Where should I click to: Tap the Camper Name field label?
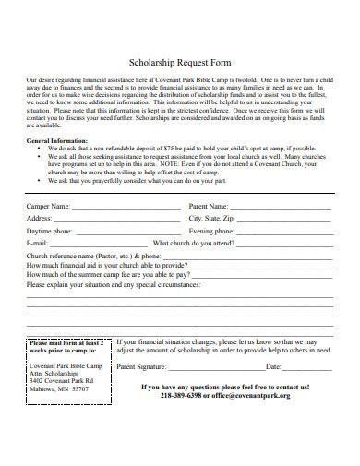coord(49,206)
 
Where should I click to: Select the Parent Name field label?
coord(210,206)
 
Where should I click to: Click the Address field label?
coord(42,218)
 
